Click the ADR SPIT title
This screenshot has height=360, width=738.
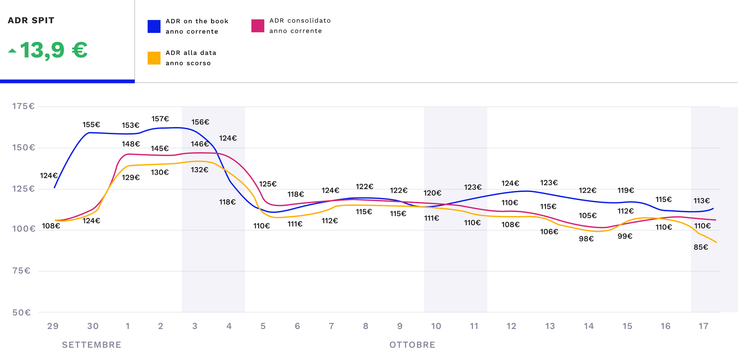coord(31,20)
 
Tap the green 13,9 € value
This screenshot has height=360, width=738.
coord(54,50)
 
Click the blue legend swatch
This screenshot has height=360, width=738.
coord(154,27)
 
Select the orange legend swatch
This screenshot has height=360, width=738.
coord(154,58)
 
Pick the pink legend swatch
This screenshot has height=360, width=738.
coord(258,26)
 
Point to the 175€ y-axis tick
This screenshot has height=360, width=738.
coord(23,106)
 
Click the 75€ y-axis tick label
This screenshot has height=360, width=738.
coord(21,271)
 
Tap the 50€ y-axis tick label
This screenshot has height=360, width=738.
coord(21,312)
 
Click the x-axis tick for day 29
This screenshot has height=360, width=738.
coord(53,326)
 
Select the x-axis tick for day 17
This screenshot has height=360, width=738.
coord(703,326)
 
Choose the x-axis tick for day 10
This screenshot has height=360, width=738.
coord(436,326)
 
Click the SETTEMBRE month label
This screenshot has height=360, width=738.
coord(92,345)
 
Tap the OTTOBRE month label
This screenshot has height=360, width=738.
coord(412,345)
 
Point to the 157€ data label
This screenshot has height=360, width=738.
coord(160,119)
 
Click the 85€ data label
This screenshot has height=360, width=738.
coord(701,247)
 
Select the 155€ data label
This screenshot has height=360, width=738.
coord(91,125)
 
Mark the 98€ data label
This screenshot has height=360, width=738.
coord(586,239)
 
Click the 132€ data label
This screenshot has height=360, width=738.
coord(199,170)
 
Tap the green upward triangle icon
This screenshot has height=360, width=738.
coord(13,51)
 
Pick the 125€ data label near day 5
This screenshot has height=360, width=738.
coord(268,184)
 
